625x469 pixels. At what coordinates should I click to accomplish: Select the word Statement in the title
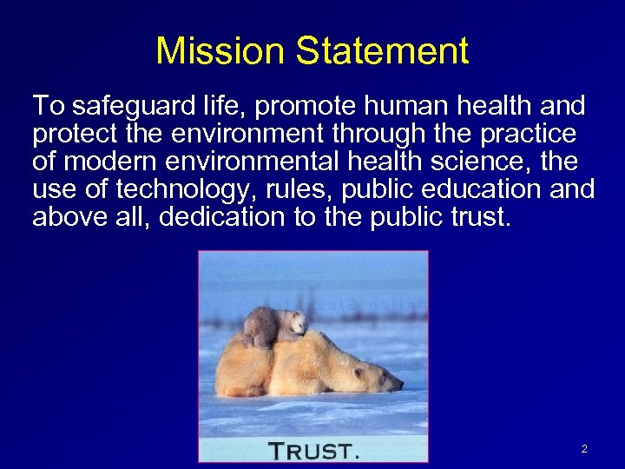382,51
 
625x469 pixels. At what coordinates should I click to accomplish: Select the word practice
528,135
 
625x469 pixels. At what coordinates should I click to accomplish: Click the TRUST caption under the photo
313,449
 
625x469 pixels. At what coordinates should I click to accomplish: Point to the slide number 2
583,449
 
